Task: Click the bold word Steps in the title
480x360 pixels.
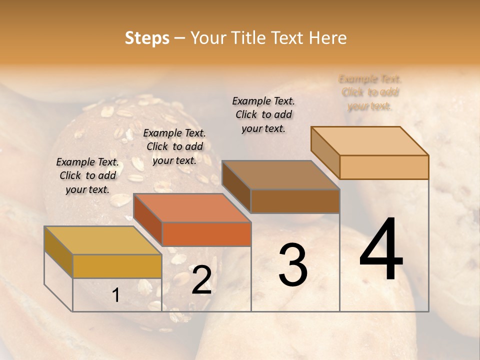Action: (147, 38)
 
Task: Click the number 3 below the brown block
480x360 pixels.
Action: (292, 265)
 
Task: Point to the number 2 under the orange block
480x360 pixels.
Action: (201, 279)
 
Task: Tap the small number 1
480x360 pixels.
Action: (116, 295)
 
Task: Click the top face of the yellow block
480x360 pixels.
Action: (102, 240)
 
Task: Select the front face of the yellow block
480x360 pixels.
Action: (117, 266)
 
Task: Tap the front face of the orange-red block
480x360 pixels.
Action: (206, 234)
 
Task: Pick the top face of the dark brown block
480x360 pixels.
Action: (280, 175)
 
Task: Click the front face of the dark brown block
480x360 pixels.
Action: (295, 201)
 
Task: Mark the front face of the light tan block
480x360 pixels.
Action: (384, 167)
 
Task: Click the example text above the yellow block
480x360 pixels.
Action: (87, 175)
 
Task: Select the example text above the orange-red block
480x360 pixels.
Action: (174, 146)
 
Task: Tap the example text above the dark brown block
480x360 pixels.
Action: (263, 114)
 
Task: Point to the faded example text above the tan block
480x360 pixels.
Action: (370, 92)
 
